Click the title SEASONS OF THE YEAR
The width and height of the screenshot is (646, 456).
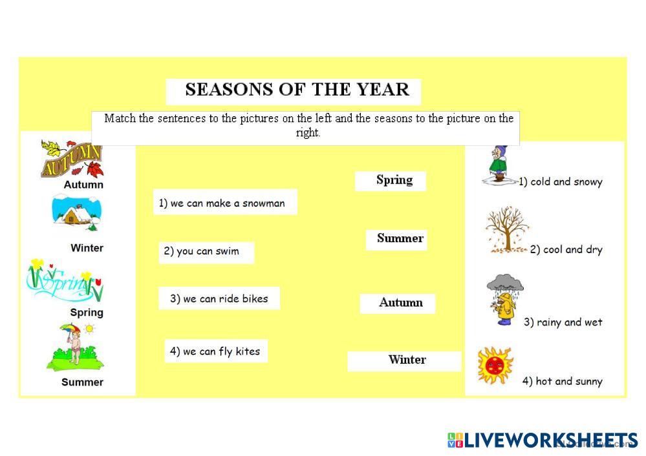(x=297, y=90)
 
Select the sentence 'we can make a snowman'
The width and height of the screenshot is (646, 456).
(x=227, y=203)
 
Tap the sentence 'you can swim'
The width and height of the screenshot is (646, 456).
(x=208, y=251)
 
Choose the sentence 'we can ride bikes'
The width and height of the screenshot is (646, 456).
(x=226, y=299)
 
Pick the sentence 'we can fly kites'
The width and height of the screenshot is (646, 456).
(x=221, y=351)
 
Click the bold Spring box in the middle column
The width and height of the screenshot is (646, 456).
(x=391, y=181)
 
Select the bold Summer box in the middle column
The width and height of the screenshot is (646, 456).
(x=396, y=239)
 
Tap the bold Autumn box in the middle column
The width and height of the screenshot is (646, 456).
(x=398, y=304)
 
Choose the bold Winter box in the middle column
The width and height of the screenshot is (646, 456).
(x=404, y=360)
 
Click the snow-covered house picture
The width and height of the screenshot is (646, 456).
(x=76, y=213)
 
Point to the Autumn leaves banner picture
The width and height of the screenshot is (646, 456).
(x=72, y=160)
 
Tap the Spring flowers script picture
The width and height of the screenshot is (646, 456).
(x=65, y=281)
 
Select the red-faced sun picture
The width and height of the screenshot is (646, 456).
(x=495, y=365)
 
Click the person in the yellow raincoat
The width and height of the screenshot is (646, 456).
(x=505, y=309)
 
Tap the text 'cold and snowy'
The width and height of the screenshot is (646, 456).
(x=566, y=182)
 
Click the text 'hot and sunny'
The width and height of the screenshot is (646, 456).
(x=569, y=382)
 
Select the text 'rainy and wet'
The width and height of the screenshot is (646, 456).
(x=569, y=322)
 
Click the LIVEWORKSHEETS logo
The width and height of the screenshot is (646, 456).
(x=543, y=440)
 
